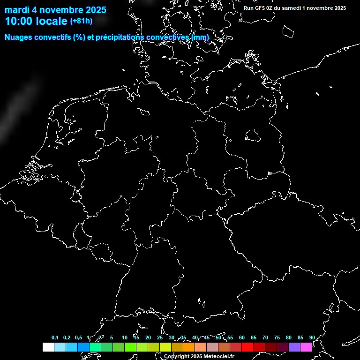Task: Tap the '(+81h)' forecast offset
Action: (x=81, y=21)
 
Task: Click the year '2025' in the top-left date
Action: (x=93, y=10)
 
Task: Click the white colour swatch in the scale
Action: (x=48, y=347)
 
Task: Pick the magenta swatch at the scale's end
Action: (x=306, y=347)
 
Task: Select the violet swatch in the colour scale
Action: (x=294, y=347)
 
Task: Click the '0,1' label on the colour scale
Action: (x=55, y=337)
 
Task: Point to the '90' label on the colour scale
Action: (x=312, y=337)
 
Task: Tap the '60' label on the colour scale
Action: (x=241, y=337)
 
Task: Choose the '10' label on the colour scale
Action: (x=124, y=337)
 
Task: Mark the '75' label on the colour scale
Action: (x=277, y=337)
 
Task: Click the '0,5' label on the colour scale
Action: (x=78, y=337)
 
